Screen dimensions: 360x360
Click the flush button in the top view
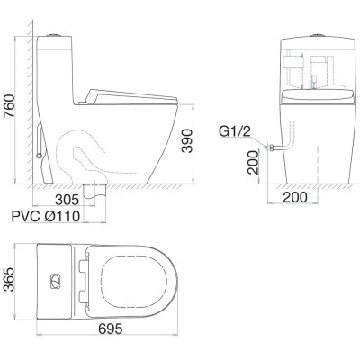55,281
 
